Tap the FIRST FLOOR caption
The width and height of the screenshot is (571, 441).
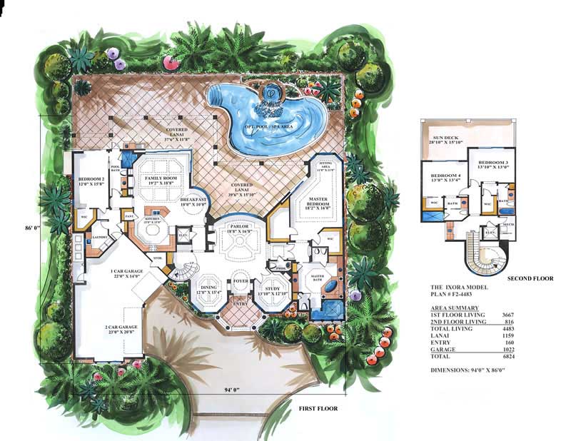coord(313,409)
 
